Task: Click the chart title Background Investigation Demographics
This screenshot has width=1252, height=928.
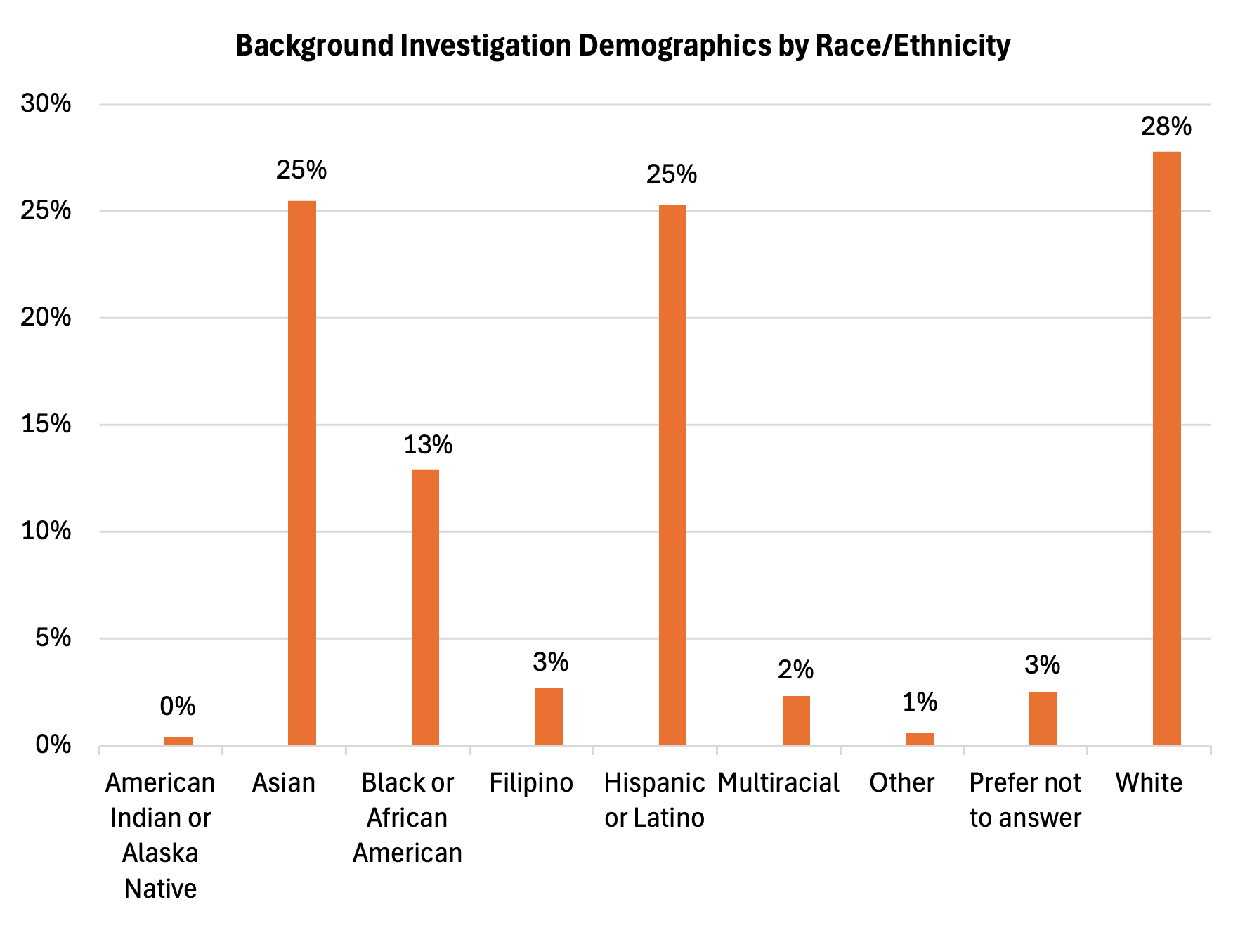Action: [x=622, y=46]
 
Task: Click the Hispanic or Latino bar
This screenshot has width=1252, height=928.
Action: [x=672, y=475]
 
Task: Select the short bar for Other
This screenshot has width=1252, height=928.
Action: [x=919, y=739]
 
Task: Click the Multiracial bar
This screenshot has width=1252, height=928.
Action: [x=796, y=720]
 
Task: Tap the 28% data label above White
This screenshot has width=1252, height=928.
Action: [x=1166, y=127]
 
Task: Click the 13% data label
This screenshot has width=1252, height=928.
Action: [x=427, y=445]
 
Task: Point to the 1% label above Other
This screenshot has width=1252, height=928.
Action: [x=919, y=702]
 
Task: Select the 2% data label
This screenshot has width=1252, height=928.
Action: [x=795, y=670]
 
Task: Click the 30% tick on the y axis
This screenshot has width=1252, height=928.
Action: [x=46, y=104]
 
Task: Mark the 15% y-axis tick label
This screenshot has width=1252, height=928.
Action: [x=46, y=424]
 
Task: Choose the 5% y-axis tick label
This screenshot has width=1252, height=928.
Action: [x=53, y=638]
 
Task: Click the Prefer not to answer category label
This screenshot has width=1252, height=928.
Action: [x=1025, y=800]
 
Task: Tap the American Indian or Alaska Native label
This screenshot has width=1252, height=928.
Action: [x=160, y=835]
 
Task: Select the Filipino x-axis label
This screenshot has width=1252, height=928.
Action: [x=531, y=782]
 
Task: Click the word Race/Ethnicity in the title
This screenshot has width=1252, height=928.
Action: [x=913, y=46]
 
